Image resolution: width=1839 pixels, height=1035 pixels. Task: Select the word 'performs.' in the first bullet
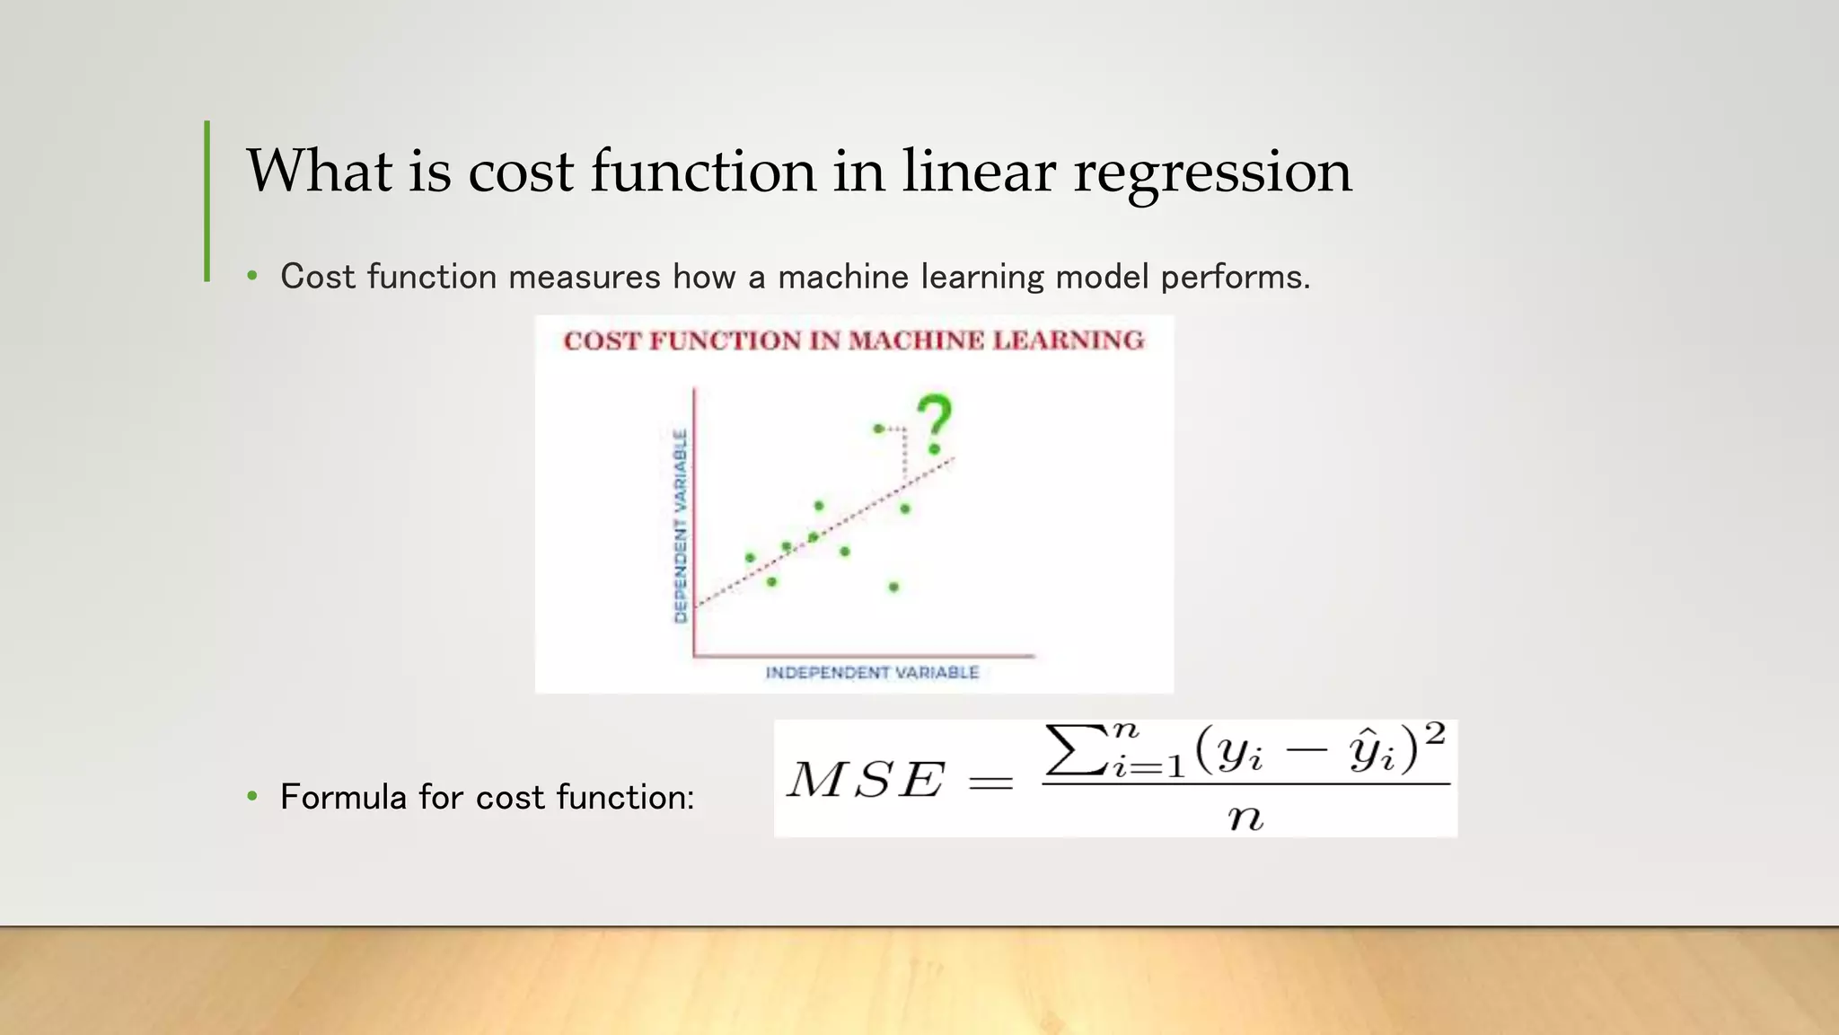click(x=1236, y=277)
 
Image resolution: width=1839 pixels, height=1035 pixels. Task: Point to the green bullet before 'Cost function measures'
click(x=252, y=276)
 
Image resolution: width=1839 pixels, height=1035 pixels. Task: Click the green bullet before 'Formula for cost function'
click(x=252, y=796)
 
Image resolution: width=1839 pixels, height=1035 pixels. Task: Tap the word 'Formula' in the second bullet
click(x=343, y=797)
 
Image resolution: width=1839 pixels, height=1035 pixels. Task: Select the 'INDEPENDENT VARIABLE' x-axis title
click(x=872, y=673)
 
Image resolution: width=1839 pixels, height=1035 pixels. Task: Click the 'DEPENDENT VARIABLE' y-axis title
click(x=681, y=526)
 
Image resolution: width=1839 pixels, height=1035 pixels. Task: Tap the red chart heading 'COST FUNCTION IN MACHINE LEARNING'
click(x=854, y=341)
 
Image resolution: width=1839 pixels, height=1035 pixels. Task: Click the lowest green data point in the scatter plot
click(x=893, y=588)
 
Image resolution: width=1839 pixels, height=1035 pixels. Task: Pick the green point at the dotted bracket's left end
click(x=878, y=429)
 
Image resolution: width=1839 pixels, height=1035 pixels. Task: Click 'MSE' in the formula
click(x=866, y=779)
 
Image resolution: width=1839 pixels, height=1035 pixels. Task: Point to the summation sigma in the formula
click(x=1074, y=751)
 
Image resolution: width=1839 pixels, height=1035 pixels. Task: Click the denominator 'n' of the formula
click(x=1245, y=818)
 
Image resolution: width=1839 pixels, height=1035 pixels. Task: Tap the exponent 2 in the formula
click(x=1434, y=735)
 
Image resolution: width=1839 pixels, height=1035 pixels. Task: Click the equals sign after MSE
click(x=991, y=783)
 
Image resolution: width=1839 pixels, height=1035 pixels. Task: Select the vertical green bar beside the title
click(x=207, y=201)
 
